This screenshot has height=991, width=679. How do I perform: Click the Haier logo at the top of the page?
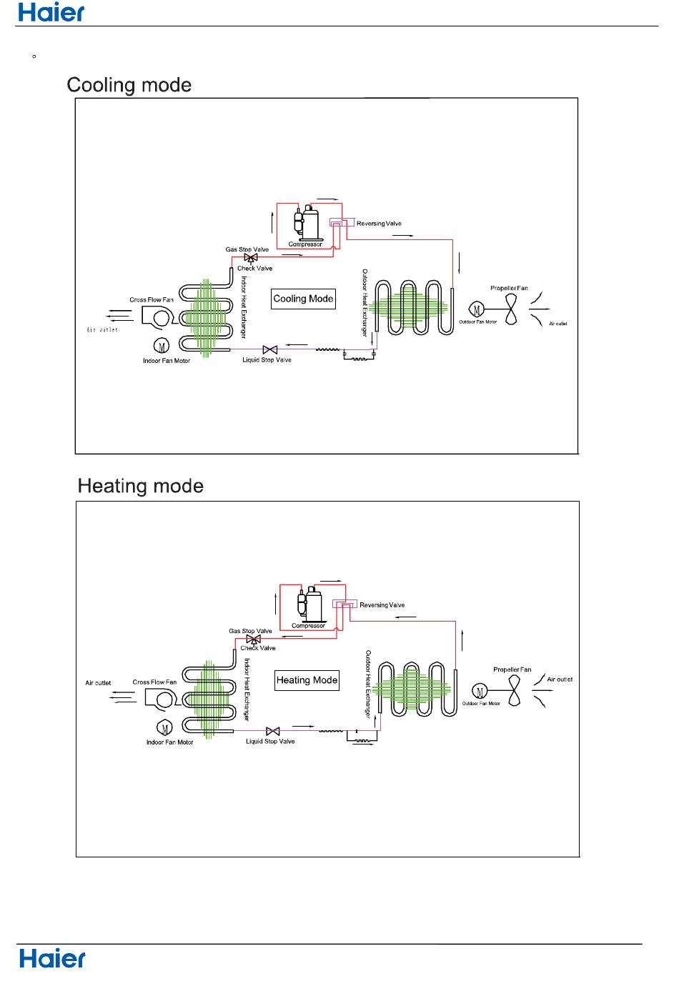pos(51,12)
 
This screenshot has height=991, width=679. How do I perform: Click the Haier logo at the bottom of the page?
pos(52,958)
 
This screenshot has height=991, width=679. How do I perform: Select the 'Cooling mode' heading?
pos(129,86)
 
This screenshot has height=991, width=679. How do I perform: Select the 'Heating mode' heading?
pos(141,487)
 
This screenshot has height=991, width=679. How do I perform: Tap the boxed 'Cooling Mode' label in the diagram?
pos(304,299)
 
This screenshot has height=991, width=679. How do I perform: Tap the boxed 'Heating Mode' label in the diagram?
pos(307,680)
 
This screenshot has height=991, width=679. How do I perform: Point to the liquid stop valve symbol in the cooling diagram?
pos(270,350)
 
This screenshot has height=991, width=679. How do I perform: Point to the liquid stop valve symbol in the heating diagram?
pos(273,732)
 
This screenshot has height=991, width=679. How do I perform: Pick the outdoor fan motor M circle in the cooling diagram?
pos(477,309)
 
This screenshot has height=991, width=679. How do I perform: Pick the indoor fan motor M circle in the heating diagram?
pos(165,728)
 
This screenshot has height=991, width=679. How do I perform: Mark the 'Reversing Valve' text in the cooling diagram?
pos(379,224)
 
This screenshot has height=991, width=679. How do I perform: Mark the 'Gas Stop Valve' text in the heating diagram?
pos(250,631)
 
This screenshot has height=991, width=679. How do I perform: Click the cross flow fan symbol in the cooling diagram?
pos(157,315)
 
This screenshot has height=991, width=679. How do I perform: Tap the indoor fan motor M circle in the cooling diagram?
pos(162,347)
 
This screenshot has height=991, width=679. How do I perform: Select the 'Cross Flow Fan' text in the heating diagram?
pos(154,682)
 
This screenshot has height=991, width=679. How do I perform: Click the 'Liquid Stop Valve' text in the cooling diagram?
pos(267,360)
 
